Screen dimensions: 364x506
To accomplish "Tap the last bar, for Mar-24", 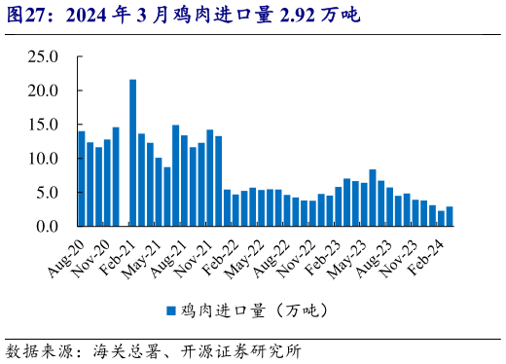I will (x=449, y=216).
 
